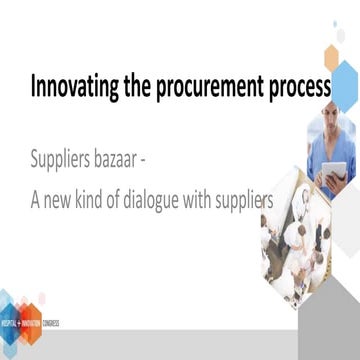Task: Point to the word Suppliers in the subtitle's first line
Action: pyautogui.click(x=69, y=159)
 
